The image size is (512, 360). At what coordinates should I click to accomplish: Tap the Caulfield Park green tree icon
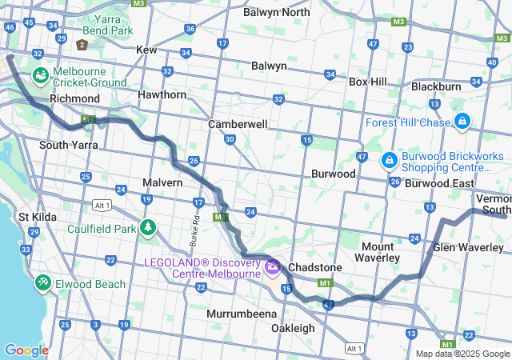147,227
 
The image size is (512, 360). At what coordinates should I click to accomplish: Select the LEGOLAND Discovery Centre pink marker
272,266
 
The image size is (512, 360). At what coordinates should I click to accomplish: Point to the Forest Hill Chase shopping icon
462,122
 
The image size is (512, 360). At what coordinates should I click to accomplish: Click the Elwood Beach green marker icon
42,283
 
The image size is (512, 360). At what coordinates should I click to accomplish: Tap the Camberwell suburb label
237,125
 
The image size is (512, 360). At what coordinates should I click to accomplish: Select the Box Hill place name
368,82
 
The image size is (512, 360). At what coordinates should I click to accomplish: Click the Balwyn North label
276,12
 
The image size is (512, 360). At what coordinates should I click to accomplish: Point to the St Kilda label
35,217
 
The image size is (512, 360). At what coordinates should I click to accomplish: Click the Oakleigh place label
293,328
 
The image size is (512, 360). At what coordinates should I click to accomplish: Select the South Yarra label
69,145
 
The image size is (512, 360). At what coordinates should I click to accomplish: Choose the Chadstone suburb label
315,266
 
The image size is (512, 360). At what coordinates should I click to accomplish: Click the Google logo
26,350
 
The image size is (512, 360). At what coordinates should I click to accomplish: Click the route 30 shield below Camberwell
230,140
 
